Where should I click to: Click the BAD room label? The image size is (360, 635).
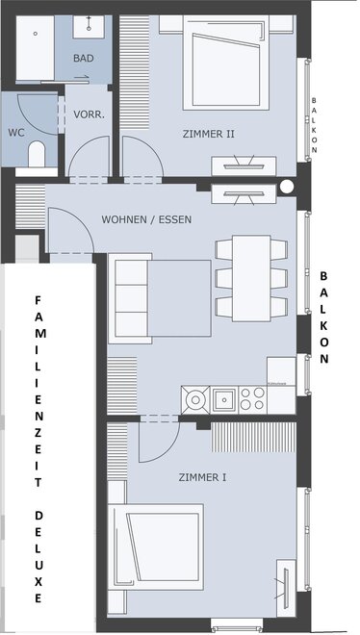click(84, 59)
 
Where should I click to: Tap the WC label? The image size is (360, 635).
click(16, 133)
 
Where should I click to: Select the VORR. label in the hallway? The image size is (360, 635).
click(90, 114)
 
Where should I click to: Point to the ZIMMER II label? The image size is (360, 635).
click(209, 134)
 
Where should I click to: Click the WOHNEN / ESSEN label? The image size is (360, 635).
click(146, 220)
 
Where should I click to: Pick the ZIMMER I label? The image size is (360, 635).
click(202, 477)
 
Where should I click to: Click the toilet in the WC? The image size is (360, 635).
click(37, 154)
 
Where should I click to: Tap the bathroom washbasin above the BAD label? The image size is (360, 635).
click(89, 27)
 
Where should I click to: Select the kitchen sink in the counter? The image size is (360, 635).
click(224, 399)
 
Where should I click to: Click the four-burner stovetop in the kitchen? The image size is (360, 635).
click(253, 399)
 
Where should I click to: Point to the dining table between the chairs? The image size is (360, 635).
click(251, 278)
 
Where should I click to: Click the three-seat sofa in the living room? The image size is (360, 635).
click(130, 298)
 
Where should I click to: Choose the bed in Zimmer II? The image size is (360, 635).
click(226, 63)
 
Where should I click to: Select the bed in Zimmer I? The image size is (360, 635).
click(156, 546)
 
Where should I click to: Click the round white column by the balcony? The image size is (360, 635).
click(287, 187)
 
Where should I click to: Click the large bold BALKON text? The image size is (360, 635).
click(324, 317)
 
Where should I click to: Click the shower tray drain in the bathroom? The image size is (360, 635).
click(36, 34)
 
